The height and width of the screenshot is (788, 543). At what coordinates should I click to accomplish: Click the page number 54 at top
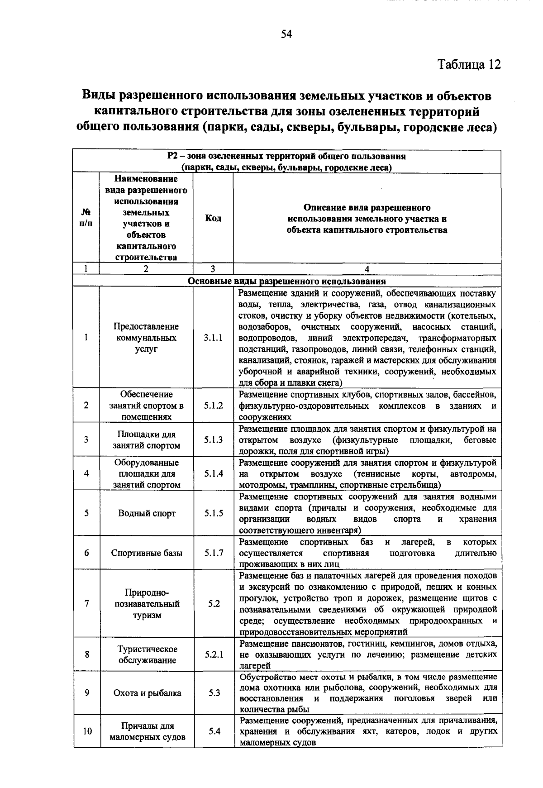(286, 35)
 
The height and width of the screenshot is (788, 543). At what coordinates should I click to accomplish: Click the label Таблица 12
(469, 65)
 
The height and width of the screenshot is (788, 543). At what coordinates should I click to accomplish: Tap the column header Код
(213, 218)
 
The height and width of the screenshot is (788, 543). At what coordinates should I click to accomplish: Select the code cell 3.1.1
(213, 338)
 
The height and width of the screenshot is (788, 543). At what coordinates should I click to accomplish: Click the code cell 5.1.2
(213, 406)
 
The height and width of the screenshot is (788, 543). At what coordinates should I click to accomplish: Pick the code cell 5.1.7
(214, 553)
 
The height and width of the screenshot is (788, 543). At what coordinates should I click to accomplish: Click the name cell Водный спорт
(147, 513)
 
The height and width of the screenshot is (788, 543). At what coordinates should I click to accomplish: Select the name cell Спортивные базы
(147, 553)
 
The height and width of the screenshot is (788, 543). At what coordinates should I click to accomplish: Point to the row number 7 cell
(86, 604)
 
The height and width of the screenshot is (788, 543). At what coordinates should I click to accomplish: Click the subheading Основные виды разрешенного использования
(286, 281)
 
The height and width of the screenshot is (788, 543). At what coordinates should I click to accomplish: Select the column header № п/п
(86, 218)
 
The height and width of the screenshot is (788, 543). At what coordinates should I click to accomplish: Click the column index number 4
(367, 269)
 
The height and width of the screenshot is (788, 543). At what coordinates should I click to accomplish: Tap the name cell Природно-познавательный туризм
(147, 604)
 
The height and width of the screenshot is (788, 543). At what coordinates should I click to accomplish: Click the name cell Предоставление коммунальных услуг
(146, 338)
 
